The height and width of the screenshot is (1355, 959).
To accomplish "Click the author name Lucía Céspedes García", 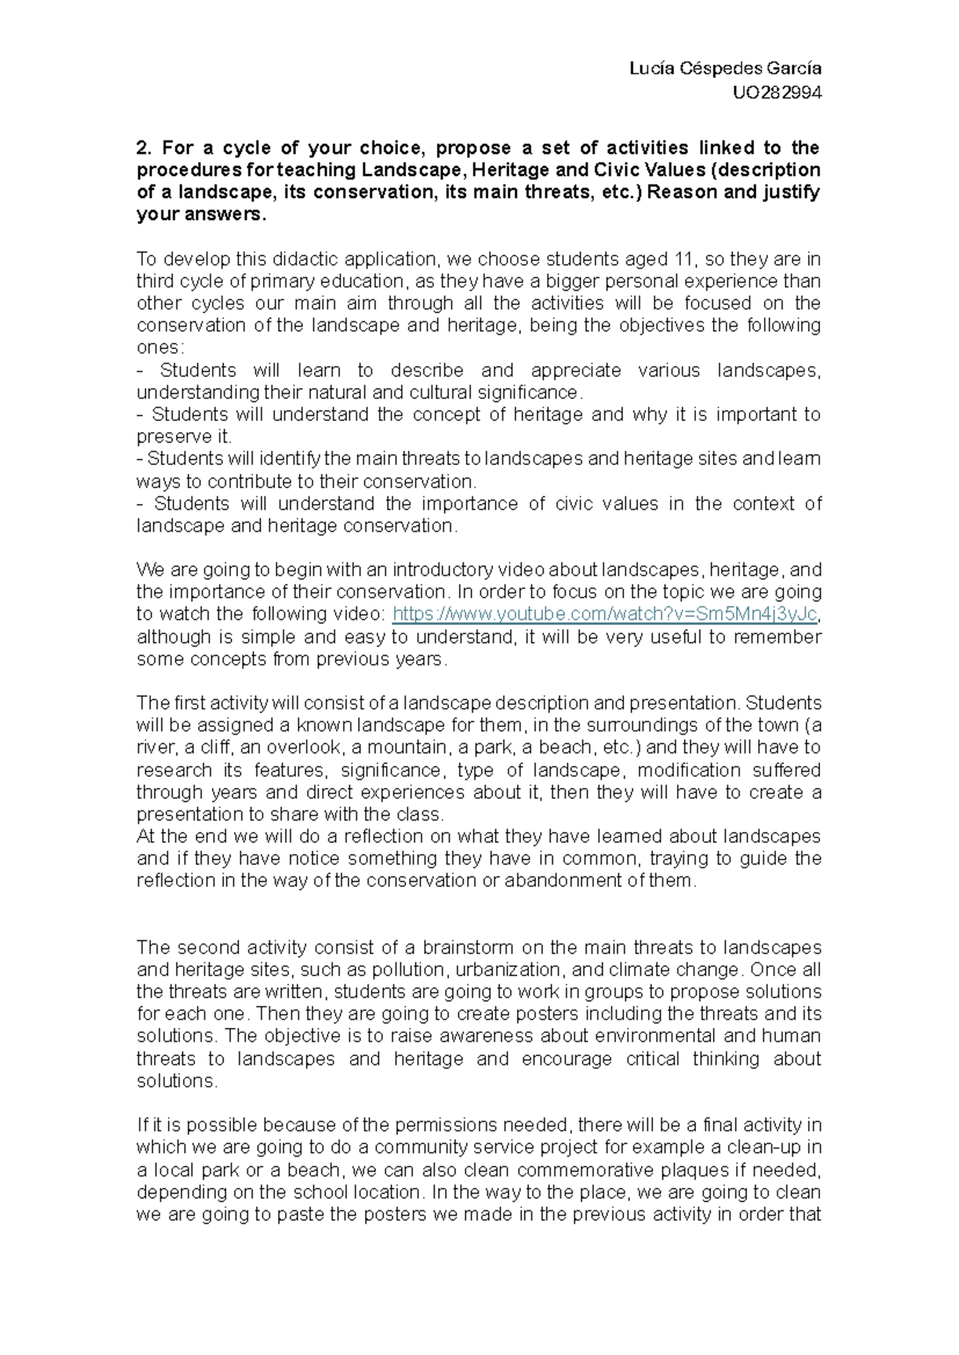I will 726,69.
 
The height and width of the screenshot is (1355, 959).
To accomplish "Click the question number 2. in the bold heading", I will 144,148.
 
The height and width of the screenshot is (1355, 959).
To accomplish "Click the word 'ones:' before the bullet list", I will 161,348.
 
